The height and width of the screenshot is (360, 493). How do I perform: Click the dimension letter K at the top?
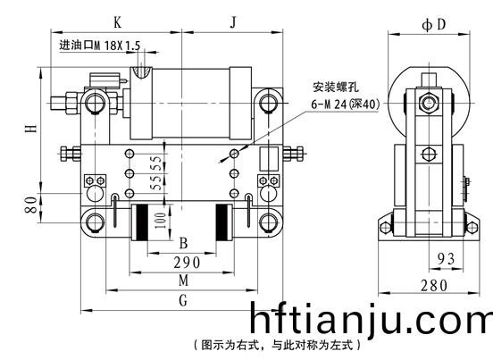[x=117, y=22]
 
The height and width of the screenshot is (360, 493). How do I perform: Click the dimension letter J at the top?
[x=233, y=22]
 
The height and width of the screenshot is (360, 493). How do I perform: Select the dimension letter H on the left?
[x=30, y=129]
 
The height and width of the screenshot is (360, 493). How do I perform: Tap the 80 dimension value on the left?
[x=30, y=205]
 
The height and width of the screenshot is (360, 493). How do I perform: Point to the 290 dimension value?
[x=187, y=263]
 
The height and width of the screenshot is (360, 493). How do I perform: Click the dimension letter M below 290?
[x=183, y=280]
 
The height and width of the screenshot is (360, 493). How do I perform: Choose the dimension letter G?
[x=183, y=300]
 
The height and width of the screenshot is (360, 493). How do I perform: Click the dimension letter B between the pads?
[x=183, y=243]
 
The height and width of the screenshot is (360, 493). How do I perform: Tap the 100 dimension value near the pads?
[x=160, y=221]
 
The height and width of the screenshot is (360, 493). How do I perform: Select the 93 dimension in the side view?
[x=447, y=259]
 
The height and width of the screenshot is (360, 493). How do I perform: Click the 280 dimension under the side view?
[x=434, y=286]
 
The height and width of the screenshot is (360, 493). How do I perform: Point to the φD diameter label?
[x=434, y=24]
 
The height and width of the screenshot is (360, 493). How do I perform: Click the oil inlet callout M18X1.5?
[x=100, y=46]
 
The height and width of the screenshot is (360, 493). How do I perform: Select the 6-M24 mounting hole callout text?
[x=346, y=104]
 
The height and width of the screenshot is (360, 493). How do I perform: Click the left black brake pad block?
[x=142, y=222]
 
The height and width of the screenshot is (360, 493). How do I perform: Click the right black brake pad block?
[x=221, y=222]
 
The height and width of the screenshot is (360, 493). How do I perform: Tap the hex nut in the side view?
[x=428, y=103]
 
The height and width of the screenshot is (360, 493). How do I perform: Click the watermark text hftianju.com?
[x=371, y=318]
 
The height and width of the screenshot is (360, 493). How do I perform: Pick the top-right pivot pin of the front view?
[x=268, y=102]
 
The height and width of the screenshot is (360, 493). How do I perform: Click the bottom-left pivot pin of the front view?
[x=95, y=222]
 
